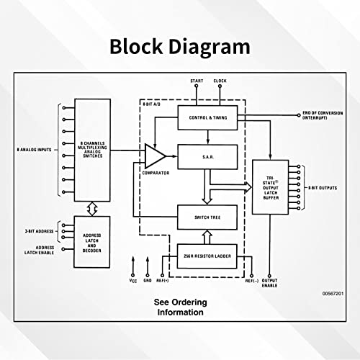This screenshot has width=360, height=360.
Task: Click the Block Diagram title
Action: [180, 47]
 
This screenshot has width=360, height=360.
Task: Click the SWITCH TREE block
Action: [209, 217]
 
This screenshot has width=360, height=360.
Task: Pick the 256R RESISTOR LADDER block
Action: [209, 256]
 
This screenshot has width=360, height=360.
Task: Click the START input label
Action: [197, 81]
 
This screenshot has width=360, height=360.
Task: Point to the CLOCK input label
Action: [220, 81]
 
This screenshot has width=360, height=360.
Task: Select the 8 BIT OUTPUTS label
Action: [323, 188]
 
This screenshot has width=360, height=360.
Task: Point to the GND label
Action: [148, 282]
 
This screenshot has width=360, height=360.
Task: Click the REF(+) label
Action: [163, 282]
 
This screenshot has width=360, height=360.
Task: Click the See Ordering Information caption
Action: [172, 307]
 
